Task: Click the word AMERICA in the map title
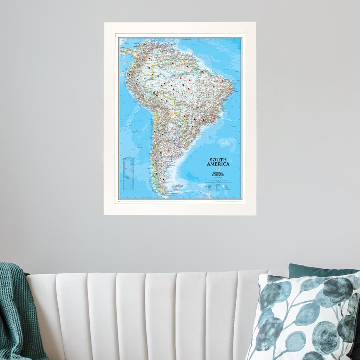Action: (x=218, y=164)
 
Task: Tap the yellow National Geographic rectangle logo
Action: (x=218, y=169)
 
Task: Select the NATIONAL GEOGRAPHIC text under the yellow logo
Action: (x=218, y=174)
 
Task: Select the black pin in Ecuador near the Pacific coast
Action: (x=130, y=74)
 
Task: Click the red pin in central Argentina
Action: (x=168, y=150)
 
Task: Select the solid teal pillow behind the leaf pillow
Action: (x=316, y=271)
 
